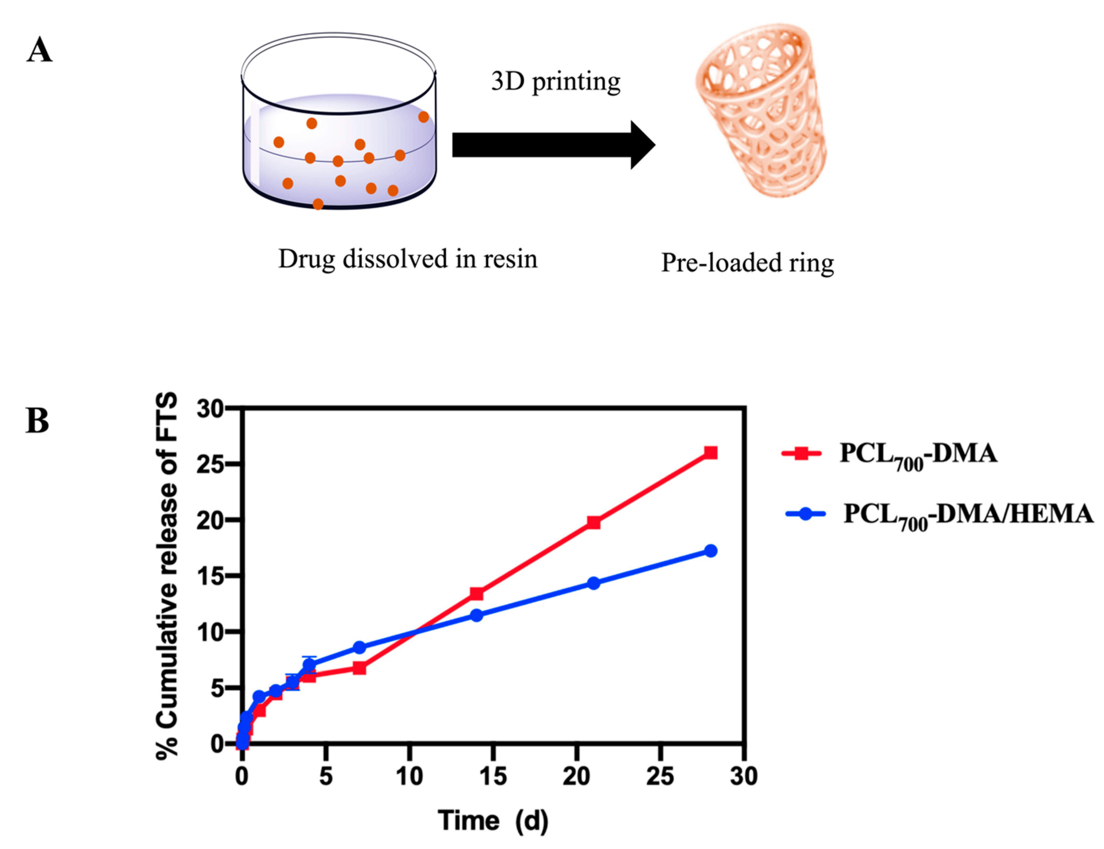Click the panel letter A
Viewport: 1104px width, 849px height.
pyautogui.click(x=40, y=51)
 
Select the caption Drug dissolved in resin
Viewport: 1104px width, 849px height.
pyautogui.click(x=408, y=259)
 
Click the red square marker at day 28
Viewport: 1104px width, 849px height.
pyautogui.click(x=710, y=452)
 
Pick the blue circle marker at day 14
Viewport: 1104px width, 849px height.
pyautogui.click(x=476, y=615)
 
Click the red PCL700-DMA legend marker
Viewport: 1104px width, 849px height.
pyautogui.click(x=801, y=453)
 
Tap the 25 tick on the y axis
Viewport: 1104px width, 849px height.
pyautogui.click(x=210, y=464)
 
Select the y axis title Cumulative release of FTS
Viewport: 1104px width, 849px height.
pyautogui.click(x=167, y=576)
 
